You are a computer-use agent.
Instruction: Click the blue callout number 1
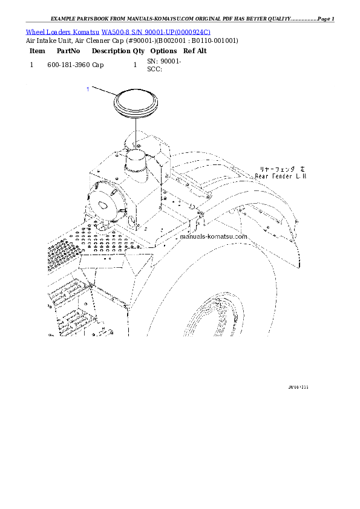pyautogui.click(x=88, y=89)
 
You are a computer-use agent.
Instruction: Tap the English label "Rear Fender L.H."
pyautogui.click(x=281, y=177)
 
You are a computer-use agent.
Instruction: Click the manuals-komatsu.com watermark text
pyautogui.click(x=214, y=236)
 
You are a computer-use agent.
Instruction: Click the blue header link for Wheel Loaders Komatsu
pyautogui.click(x=118, y=31)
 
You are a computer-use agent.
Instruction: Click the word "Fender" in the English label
pyautogui.click(x=282, y=177)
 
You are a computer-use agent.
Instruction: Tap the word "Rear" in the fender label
pyautogui.click(x=261, y=177)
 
